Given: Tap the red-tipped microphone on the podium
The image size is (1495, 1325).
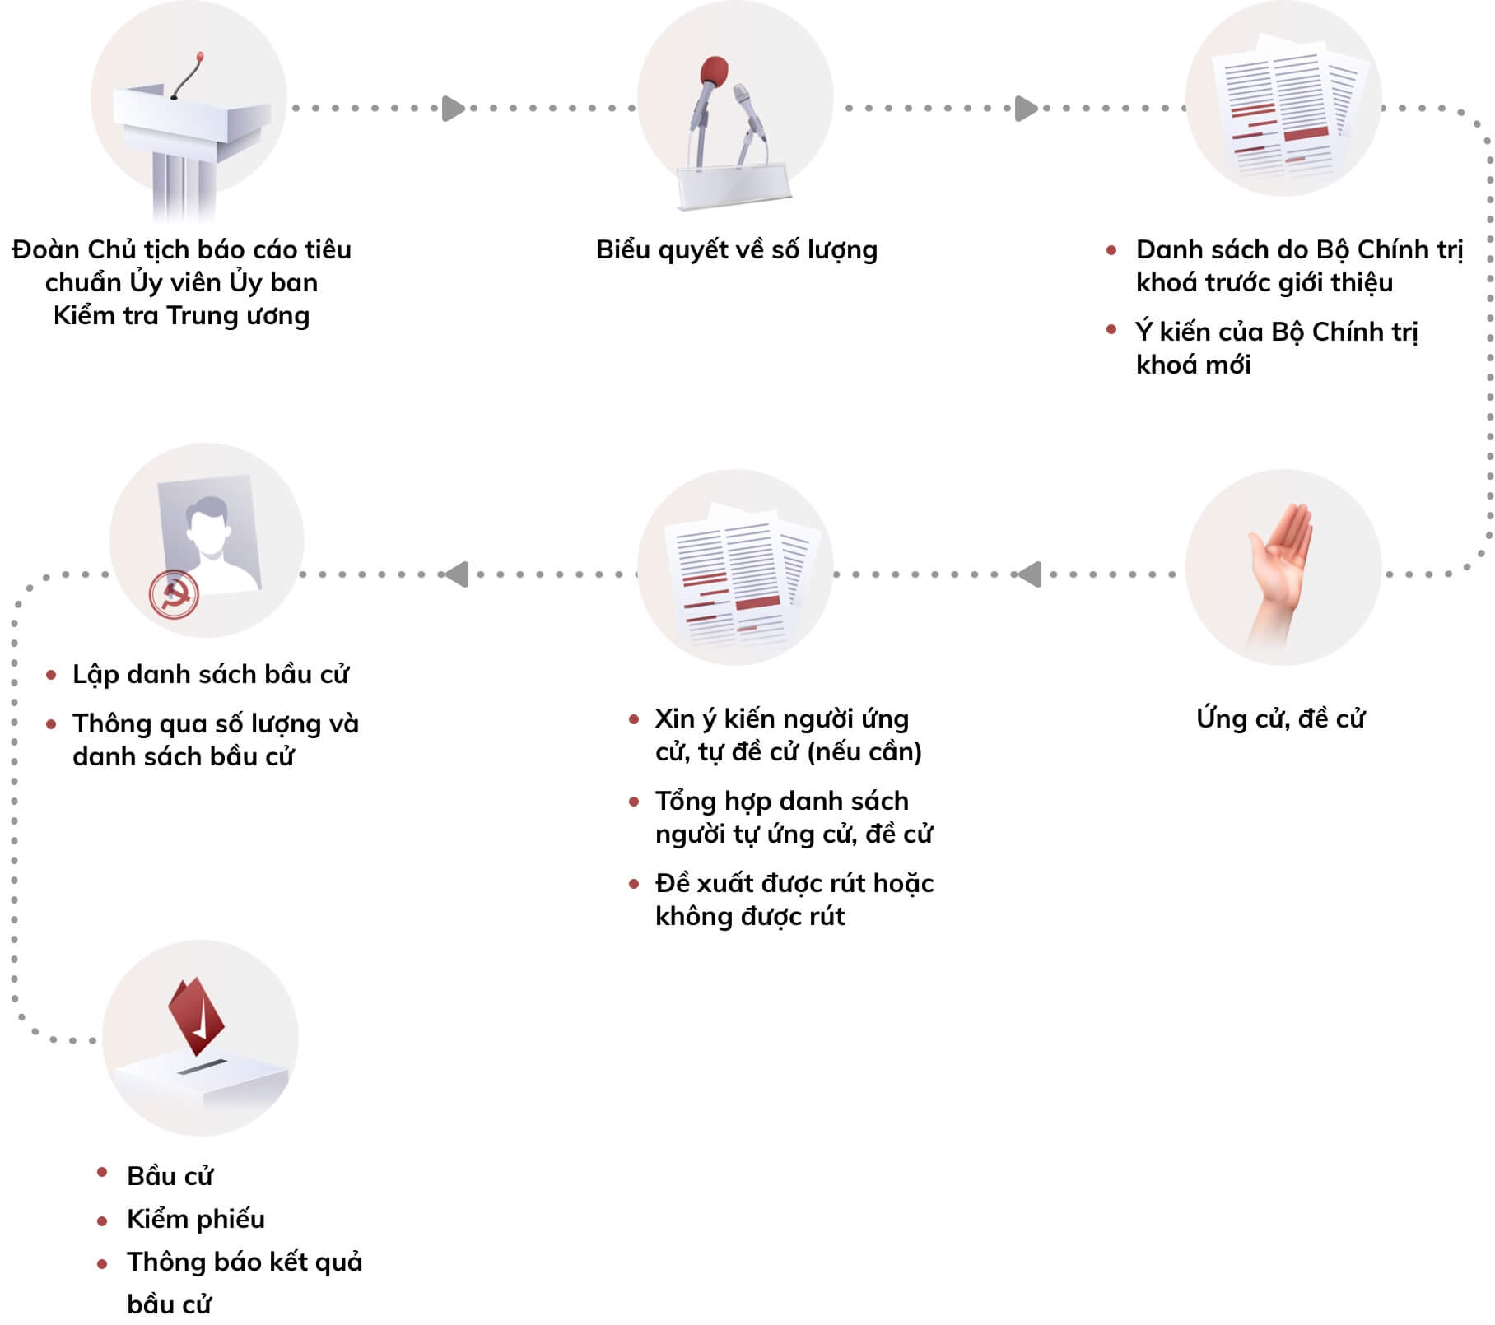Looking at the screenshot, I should [x=199, y=58].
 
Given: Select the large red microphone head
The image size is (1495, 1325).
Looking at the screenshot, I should [x=714, y=72].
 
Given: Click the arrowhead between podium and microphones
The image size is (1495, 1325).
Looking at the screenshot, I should [x=454, y=109].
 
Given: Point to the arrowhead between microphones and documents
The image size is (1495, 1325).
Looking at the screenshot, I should [x=1026, y=109].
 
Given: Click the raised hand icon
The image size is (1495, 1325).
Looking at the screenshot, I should [x=1281, y=568].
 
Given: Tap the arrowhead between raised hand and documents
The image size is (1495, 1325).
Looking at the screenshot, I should [x=1030, y=574].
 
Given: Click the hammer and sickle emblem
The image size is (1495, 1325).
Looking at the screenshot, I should [x=174, y=594].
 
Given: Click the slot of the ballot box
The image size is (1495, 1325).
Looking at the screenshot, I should [x=201, y=1068].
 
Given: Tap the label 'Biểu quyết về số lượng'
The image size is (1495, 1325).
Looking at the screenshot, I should [x=737, y=250].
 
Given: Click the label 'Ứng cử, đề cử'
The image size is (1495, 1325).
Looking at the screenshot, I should [x=1280, y=718].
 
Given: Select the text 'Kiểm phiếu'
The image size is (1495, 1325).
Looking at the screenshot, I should [x=196, y=1219].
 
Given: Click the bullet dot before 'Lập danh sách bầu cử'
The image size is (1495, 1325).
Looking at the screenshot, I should [x=52, y=676].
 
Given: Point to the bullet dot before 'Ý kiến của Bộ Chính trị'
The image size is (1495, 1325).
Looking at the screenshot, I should [x=1111, y=330].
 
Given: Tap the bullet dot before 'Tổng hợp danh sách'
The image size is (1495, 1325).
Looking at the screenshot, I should [x=634, y=802].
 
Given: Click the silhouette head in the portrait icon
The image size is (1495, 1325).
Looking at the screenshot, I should [x=207, y=523].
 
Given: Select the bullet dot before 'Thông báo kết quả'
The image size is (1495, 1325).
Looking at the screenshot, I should [x=102, y=1263].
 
